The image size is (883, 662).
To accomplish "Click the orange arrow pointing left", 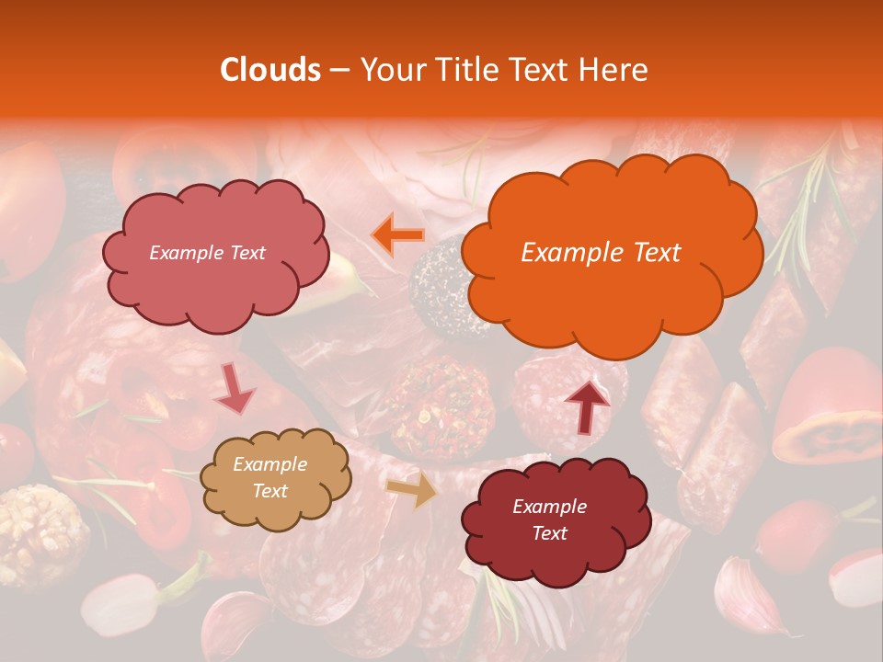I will tap(397, 234).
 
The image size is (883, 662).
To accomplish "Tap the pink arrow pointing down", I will tap(235, 391).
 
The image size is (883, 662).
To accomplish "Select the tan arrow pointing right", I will tap(413, 491).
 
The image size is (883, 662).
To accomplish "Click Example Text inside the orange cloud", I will tap(601, 253).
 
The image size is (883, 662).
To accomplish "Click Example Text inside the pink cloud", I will tap(207, 253).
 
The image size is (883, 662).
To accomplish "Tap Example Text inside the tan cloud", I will tap(269, 478).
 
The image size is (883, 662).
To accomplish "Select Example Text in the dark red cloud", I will tap(549, 519).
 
